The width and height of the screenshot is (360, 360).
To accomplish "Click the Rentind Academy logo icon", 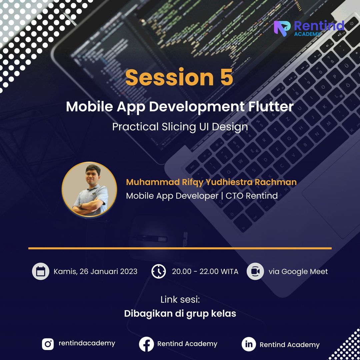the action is pos(282,28).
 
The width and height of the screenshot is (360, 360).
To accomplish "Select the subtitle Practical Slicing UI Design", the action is pos(180,127).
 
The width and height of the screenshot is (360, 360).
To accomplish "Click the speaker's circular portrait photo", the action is pos(89,189).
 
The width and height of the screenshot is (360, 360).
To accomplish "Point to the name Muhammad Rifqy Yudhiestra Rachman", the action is pos(211,182).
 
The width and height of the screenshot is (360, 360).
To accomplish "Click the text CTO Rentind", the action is pos(252,196).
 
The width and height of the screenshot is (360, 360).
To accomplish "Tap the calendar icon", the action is pos(41,271).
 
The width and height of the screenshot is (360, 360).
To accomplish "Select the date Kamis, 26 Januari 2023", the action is pos(95,271).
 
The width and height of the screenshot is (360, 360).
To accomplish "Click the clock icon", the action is pos(159,271).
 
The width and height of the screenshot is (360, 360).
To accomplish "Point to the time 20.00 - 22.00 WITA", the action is pos(205,271).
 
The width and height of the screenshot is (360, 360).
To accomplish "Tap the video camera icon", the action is pos(255,271).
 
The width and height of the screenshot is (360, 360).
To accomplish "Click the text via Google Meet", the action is pos(298,272).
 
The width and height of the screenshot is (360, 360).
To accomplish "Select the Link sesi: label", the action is pos(180,300).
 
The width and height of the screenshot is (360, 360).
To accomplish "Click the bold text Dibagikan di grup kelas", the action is pos(180,314).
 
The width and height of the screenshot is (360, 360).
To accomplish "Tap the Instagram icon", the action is pos(48,344).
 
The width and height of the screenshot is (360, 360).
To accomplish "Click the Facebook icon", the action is pos(146,344).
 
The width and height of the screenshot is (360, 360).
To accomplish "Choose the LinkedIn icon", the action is pos(249,344).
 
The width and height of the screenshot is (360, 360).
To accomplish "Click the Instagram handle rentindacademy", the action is pos(87,343).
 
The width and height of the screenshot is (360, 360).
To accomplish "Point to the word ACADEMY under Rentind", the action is pos(307,34).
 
